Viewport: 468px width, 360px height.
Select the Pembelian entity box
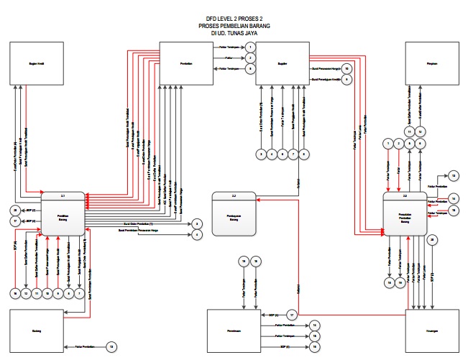[186, 64]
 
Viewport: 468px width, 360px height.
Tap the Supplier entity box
[281, 64]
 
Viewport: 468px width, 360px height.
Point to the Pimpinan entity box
[432, 64]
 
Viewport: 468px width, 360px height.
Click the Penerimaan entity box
[231, 331]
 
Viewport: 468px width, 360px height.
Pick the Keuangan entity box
[432, 331]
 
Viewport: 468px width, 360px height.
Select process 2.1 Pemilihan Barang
[63, 213]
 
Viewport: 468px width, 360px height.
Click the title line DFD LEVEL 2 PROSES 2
[233, 19]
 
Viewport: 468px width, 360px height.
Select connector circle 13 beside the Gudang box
[111, 347]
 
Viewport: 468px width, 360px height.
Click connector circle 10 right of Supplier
[347, 68]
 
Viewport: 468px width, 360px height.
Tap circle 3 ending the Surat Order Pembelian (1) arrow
[197, 224]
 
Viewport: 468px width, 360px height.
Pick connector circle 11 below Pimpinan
[408, 131]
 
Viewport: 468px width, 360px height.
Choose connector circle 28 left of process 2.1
[14, 209]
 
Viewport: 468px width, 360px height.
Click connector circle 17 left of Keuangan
[292, 315]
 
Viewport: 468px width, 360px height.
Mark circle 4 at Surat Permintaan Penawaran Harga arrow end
[197, 234]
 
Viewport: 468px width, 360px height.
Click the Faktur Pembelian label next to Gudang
[84, 346]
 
